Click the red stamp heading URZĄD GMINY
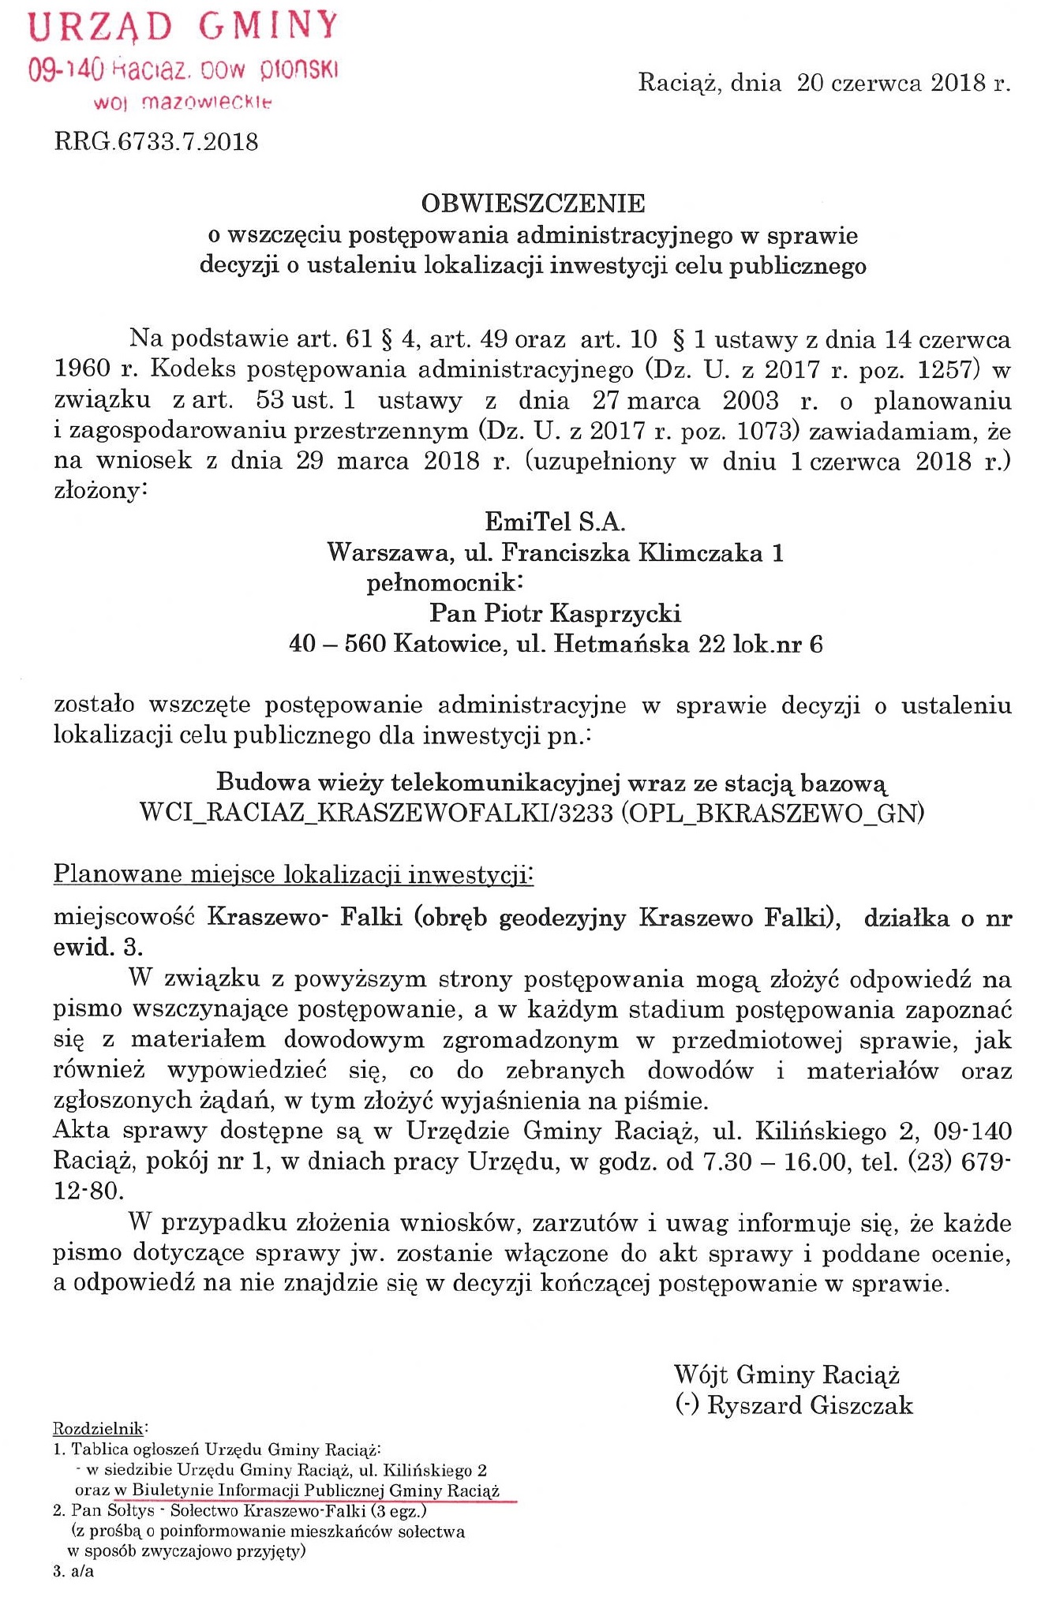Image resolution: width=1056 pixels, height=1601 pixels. (183, 27)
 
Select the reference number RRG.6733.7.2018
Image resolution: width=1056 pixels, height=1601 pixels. (155, 142)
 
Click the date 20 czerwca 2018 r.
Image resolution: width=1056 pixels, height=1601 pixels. (903, 84)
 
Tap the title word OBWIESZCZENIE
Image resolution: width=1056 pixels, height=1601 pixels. (533, 204)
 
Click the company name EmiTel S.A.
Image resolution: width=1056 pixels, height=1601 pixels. (554, 522)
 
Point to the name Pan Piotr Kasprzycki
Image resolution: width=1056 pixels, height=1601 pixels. (555, 613)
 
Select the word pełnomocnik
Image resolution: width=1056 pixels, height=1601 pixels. (444, 583)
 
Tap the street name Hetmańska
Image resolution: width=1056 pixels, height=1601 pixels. (620, 644)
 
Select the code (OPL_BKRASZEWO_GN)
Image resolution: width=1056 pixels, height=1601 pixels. (773, 814)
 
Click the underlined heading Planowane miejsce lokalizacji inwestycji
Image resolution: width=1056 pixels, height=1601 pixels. (293, 874)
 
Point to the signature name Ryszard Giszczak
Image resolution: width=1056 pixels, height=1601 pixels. (810, 1405)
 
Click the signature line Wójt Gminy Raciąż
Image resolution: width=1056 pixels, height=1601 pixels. (787, 1375)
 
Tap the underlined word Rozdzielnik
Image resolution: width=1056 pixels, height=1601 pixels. (99, 1428)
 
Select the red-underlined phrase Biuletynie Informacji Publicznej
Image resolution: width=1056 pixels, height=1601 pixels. (258, 1491)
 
